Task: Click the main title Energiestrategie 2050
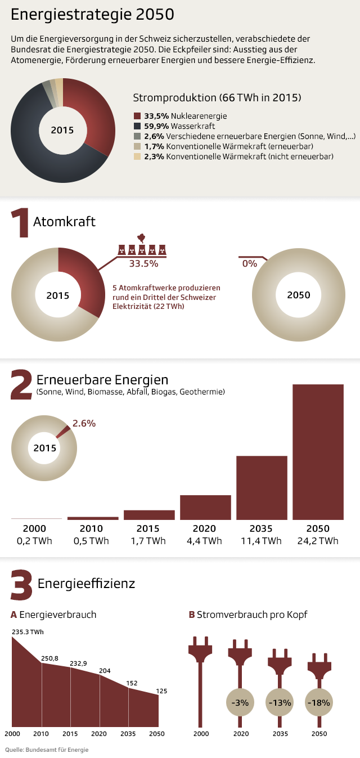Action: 92,15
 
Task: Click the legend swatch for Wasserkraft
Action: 137,126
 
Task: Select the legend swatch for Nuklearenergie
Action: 137,116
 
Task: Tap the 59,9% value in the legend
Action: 155,126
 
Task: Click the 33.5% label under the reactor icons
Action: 143,263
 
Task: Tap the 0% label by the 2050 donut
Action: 249,263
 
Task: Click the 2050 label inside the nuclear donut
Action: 298,295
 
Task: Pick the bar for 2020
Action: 205,507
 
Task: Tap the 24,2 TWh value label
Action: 318,541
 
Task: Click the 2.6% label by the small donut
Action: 84,423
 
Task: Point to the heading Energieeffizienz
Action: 86,584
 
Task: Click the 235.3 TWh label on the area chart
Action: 28,632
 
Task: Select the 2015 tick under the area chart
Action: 70,734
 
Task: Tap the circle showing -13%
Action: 280,702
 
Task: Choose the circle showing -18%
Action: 319,702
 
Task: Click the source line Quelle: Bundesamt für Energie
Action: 47,750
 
